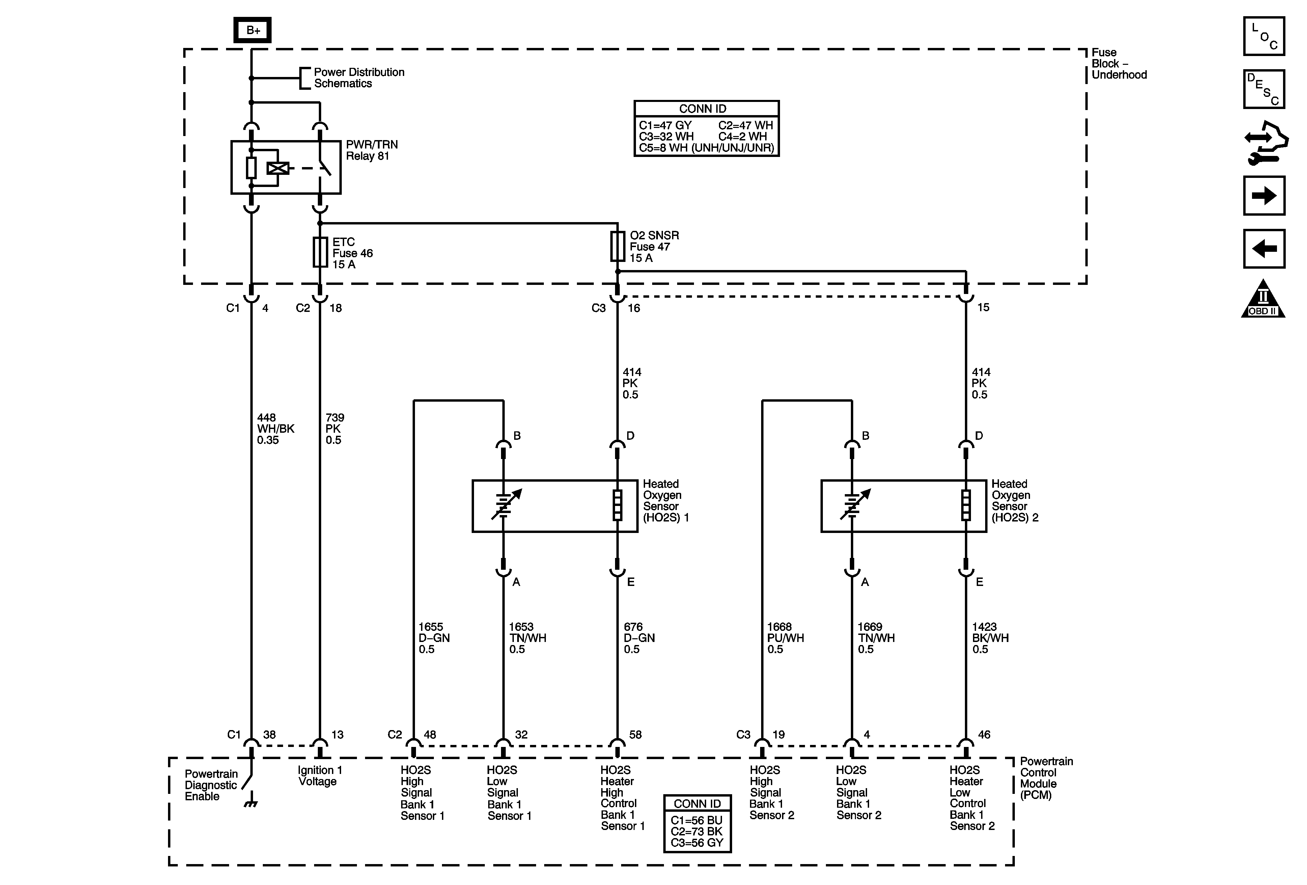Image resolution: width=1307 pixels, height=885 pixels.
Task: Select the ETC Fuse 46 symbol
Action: pos(320,252)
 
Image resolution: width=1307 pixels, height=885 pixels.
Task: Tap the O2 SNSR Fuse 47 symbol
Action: pos(617,246)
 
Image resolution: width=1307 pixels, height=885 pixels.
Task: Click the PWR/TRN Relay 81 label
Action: pos(372,150)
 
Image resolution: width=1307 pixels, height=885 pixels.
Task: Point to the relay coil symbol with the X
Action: pos(277,168)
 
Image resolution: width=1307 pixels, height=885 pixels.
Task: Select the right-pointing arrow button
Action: pos(1264,196)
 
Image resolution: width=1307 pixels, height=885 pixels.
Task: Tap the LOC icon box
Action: pos(1264,36)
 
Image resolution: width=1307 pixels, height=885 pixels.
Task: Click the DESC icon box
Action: pos(1264,89)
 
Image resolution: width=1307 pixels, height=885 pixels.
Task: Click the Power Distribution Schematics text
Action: pos(359,78)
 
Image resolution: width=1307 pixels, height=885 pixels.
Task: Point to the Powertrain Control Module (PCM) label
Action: pos(1046,778)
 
